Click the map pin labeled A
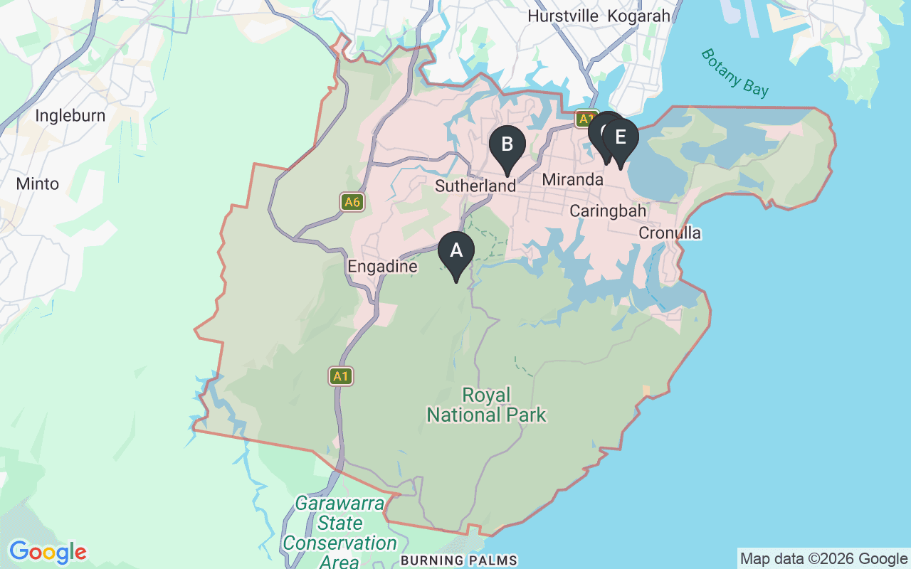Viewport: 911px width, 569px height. (456, 252)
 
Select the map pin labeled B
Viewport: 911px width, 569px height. (507, 145)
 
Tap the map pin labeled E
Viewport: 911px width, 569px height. (621, 138)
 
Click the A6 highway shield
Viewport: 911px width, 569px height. (352, 202)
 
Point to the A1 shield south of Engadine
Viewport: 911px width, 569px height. (341, 376)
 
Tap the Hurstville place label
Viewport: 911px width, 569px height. (563, 16)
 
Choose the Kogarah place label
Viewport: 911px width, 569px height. (640, 16)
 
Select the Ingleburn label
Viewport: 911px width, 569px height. (70, 115)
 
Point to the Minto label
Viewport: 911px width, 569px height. (38, 184)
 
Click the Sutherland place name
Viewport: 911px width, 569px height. (475, 186)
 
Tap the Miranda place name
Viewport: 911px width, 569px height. (572, 180)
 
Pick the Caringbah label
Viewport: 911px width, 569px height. (608, 211)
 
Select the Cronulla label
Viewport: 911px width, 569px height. (669, 233)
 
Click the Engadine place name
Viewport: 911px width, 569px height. (382, 267)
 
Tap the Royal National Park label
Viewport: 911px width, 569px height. (487, 405)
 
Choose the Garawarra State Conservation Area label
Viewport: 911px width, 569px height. (339, 533)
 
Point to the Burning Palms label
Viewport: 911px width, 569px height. (458, 560)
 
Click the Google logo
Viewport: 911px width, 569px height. (48, 552)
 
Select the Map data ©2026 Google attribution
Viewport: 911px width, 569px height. (823, 559)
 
